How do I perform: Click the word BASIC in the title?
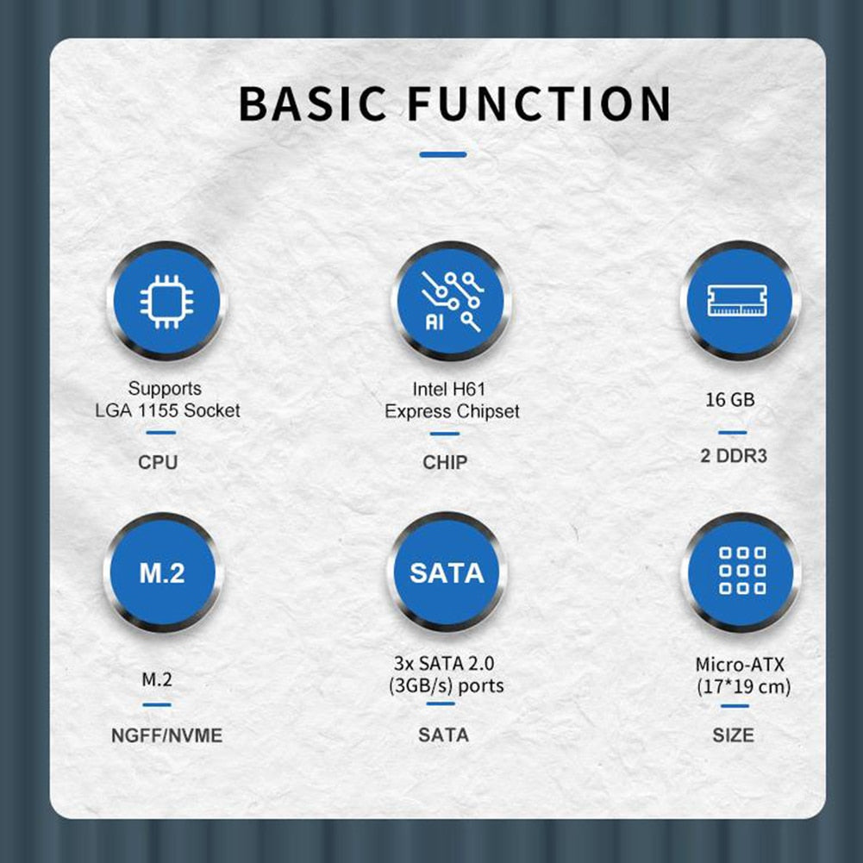313,103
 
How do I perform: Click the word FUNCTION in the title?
540,103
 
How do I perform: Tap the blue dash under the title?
443,154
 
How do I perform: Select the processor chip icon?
166,302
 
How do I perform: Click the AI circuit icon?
451,302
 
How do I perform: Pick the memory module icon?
737,301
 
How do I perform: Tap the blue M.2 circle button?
163,572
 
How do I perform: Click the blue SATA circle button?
447,572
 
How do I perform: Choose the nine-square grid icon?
742,571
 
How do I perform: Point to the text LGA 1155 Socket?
167,410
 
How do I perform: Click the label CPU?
158,462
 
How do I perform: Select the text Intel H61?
449,389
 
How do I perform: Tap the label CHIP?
445,462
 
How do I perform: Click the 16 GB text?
730,399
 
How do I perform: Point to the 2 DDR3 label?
734,456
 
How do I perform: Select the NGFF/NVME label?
166,735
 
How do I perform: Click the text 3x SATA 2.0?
444,663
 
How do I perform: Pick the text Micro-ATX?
740,665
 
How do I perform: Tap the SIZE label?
733,735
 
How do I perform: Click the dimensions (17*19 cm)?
743,687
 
